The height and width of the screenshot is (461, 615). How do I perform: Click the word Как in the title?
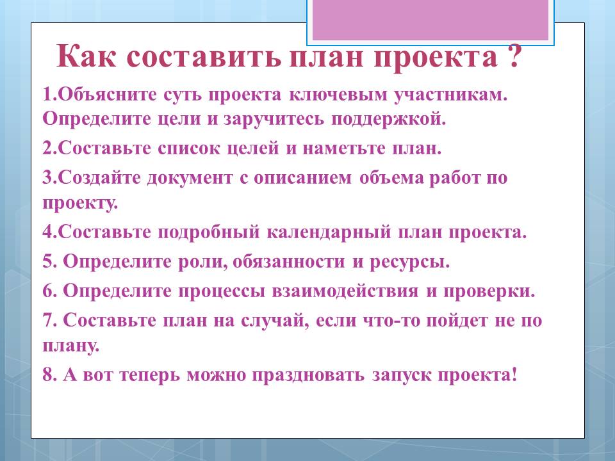[86, 56]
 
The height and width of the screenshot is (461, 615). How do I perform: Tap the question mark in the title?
[514, 56]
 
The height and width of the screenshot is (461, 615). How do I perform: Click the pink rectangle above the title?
[430, 20]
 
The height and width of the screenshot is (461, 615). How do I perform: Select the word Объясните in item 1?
[109, 95]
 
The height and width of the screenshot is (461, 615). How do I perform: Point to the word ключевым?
[338, 95]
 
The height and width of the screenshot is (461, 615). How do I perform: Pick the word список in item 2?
[189, 149]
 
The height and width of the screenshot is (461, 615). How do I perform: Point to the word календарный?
[329, 232]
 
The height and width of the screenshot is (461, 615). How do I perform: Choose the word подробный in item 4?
[209, 232]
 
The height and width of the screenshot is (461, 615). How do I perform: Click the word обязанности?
[289, 261]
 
